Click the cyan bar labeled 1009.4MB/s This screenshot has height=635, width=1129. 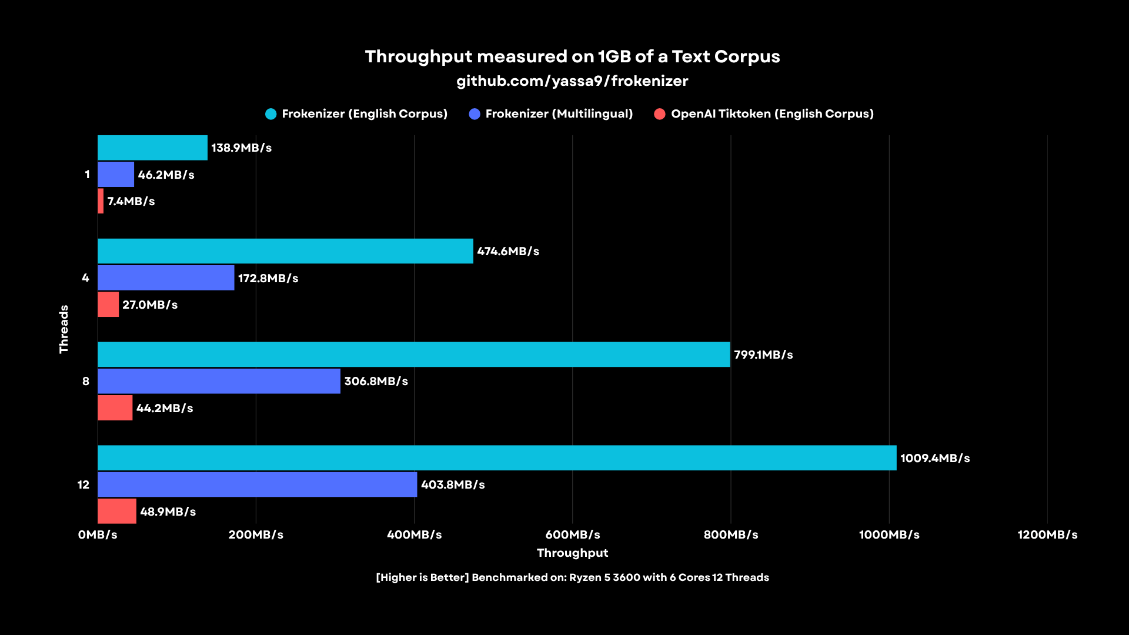pyautogui.click(x=497, y=457)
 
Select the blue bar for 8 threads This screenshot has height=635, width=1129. pyautogui.click(x=219, y=381)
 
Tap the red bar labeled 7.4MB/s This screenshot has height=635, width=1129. pyautogui.click(x=101, y=201)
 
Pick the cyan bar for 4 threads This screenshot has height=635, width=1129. pyautogui.click(x=285, y=251)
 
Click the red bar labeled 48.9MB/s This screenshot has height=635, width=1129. pyautogui.click(x=116, y=511)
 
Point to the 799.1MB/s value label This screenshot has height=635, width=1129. pyautogui.click(x=763, y=355)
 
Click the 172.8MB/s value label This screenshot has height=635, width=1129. pyautogui.click(x=268, y=278)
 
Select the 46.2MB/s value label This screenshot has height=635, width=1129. pyautogui.click(x=166, y=175)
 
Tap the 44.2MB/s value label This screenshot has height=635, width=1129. pyautogui.click(x=165, y=408)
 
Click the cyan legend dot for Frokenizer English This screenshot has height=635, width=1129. pyautogui.click(x=270, y=114)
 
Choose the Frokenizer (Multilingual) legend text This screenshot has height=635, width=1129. pyautogui.click(x=559, y=113)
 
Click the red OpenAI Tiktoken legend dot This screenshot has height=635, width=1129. pyautogui.click(x=660, y=114)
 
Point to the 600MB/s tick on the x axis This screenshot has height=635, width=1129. pyautogui.click(x=572, y=534)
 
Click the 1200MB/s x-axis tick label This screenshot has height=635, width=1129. pyautogui.click(x=1047, y=534)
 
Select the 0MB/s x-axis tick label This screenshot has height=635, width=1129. pyautogui.click(x=98, y=534)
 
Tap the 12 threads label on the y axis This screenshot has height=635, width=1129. pyautogui.click(x=83, y=484)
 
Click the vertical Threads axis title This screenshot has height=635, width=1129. pyautogui.click(x=64, y=329)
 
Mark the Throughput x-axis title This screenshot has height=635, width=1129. pyautogui.click(x=572, y=553)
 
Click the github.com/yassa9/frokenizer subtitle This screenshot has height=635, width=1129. pyautogui.click(x=572, y=81)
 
